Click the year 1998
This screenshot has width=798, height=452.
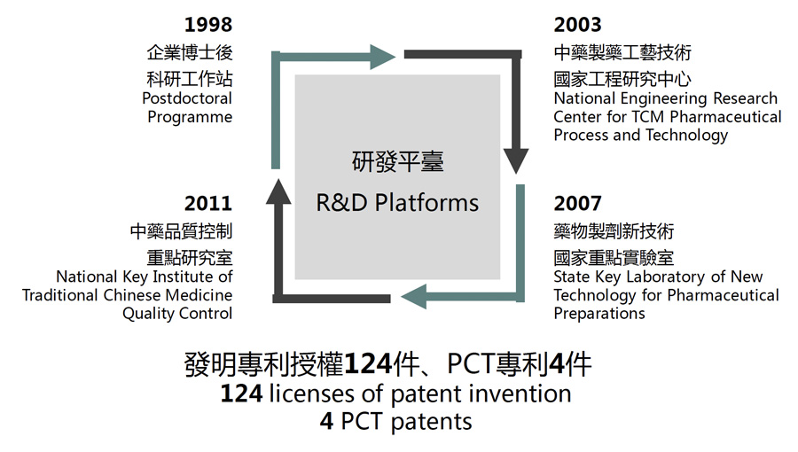(x=208, y=24)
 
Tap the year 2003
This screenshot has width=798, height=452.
(x=577, y=24)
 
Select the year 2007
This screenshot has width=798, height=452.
(x=577, y=204)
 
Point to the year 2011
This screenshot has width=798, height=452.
(x=208, y=204)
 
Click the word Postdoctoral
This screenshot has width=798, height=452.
(x=187, y=98)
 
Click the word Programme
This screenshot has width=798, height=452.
(x=190, y=117)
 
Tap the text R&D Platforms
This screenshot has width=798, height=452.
(x=397, y=203)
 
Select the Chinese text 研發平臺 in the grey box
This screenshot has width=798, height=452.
(x=397, y=162)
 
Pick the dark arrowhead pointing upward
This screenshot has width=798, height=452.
(x=278, y=191)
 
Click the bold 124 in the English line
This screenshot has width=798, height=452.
(x=241, y=393)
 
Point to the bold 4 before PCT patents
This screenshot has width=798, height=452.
(x=326, y=420)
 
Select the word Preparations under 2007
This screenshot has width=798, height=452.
(x=599, y=314)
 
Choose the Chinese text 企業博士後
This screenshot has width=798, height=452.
(x=190, y=52)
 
